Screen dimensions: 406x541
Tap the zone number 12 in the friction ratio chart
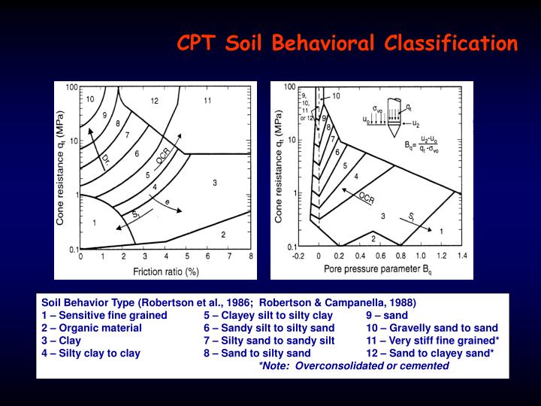154,100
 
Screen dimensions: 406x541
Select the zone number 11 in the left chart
207,100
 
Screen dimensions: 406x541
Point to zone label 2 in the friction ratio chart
223,235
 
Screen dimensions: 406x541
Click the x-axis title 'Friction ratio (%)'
165,271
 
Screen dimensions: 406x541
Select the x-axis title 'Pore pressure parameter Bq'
382,267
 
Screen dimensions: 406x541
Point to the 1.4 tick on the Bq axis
461,255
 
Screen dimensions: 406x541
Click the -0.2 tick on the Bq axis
299,255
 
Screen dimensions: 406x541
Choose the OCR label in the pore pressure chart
366,199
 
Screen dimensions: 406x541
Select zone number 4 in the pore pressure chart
356,177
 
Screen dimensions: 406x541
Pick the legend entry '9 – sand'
386,316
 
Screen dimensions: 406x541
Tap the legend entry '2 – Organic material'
92,328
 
